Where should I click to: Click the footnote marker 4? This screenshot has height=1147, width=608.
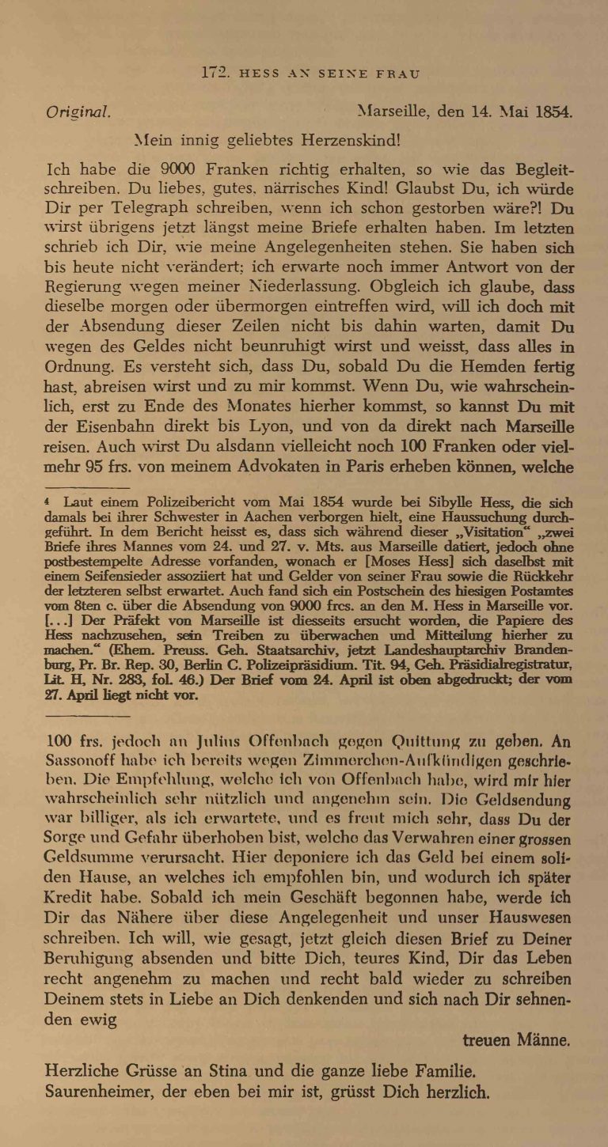[49, 501]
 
